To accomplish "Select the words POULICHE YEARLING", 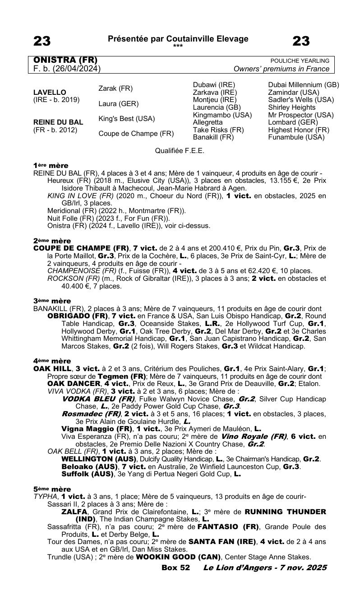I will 300,61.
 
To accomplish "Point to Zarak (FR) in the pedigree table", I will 115,88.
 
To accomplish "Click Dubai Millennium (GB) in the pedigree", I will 303,85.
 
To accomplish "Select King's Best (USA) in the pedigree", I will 126,119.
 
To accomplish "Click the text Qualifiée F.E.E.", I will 180,151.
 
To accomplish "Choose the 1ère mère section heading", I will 51,166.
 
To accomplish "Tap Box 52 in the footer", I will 175,567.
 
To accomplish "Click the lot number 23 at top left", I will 42,42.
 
